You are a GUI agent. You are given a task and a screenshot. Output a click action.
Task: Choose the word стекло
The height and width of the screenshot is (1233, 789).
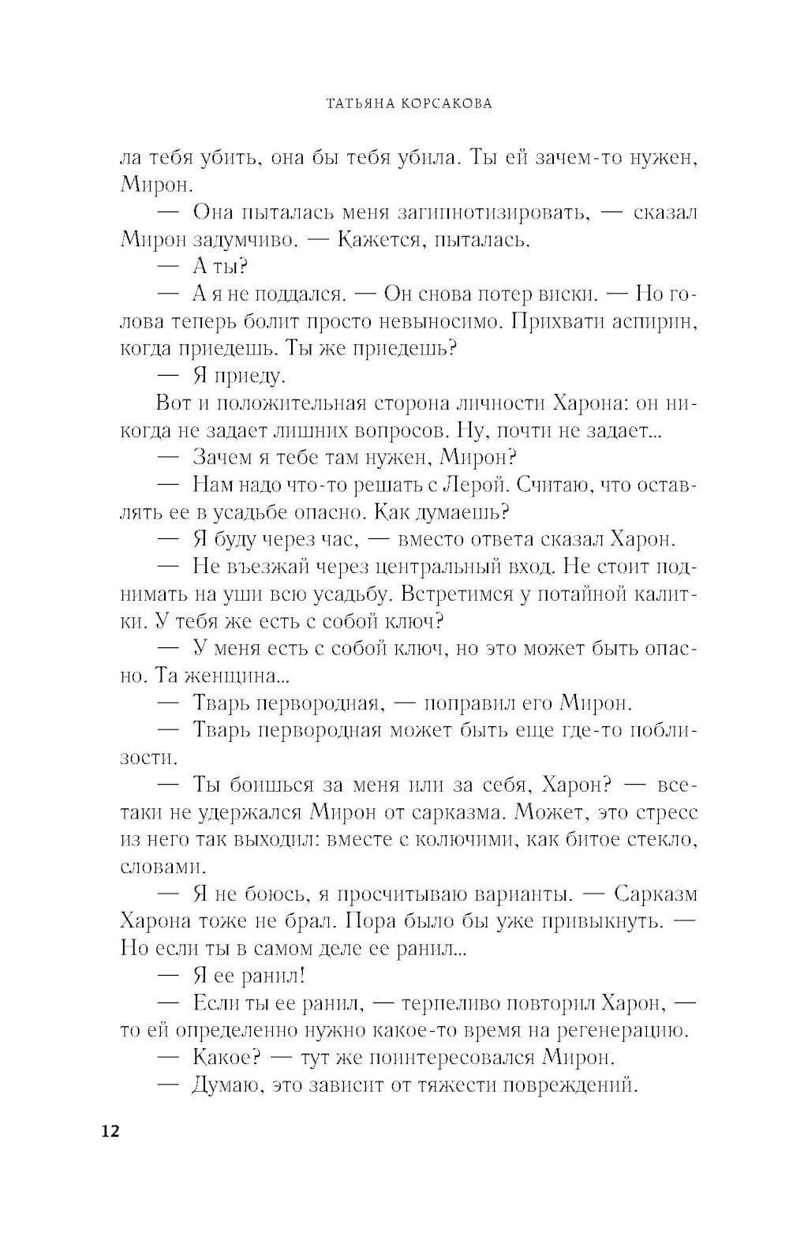coord(660,839)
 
